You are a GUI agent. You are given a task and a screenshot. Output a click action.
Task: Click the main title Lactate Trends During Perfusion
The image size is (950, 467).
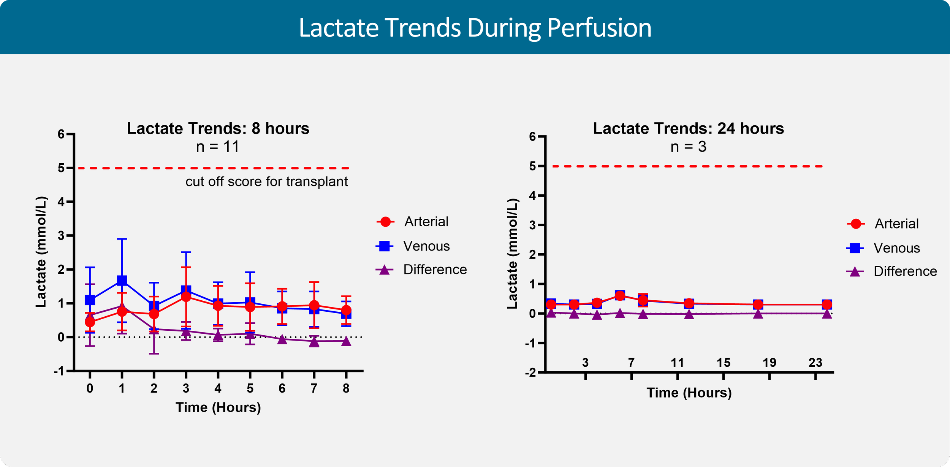coord(475,28)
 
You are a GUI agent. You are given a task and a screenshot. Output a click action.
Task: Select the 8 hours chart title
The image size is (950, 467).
coord(218,128)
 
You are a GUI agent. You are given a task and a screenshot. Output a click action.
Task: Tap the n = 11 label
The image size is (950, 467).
coord(218,147)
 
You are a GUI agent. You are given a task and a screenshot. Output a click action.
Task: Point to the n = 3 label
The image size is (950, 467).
coord(688,147)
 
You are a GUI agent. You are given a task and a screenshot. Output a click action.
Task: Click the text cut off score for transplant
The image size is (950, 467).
coord(266,181)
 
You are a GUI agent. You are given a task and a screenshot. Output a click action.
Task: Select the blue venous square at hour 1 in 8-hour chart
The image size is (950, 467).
coord(122,281)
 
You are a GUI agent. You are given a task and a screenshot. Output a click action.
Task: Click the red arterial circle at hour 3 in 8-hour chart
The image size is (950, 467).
coord(186,297)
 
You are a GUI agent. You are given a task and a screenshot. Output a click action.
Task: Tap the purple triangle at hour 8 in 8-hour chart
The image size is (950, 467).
coord(346,341)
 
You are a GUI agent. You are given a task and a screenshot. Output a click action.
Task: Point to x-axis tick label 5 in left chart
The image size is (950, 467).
coord(250,388)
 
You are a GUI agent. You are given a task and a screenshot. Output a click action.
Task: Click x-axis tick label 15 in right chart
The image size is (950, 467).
coord(723,363)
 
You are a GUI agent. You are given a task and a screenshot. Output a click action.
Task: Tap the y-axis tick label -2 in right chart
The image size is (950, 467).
coord(530,373)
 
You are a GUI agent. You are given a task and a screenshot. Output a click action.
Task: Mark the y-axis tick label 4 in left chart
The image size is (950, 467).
coord(61,202)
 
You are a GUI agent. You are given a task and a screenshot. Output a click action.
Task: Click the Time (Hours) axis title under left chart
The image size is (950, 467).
coord(218,407)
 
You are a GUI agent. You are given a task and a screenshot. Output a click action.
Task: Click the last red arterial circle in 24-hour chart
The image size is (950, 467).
coord(826,304)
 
